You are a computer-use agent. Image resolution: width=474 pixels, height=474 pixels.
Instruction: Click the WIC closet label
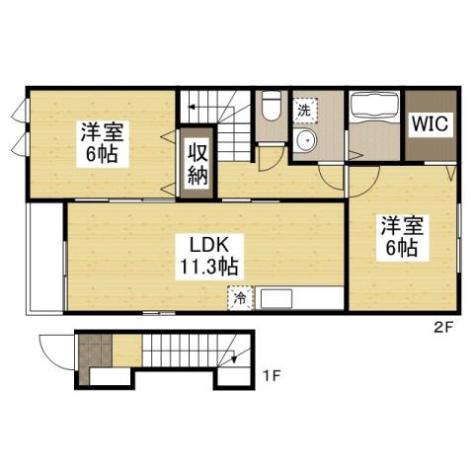430,125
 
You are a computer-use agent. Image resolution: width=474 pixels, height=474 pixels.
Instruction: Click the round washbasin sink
307,141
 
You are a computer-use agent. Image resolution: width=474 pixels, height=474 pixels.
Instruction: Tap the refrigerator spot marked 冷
240,295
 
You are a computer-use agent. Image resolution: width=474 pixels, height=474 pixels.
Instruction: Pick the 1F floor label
273,376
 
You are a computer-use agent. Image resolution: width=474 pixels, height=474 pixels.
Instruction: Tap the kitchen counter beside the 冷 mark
296,297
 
